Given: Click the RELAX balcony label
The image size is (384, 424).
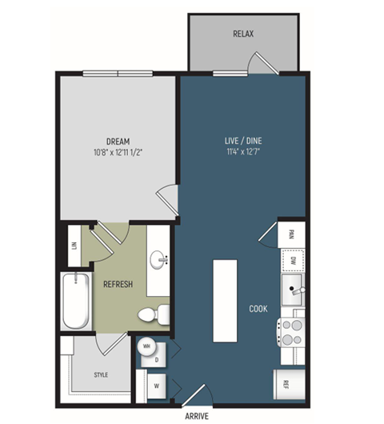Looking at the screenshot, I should pyautogui.click(x=244, y=34).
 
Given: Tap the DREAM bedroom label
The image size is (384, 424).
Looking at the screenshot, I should pyautogui.click(x=118, y=142).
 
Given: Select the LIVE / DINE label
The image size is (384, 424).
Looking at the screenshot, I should pyautogui.click(x=243, y=142).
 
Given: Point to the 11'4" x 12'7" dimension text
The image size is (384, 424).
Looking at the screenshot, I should pyautogui.click(x=243, y=152).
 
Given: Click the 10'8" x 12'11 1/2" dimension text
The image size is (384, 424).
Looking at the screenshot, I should pyautogui.click(x=118, y=152).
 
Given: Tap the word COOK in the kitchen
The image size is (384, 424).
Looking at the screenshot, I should pyautogui.click(x=258, y=308).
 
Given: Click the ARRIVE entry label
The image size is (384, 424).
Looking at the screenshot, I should pyautogui.click(x=197, y=416).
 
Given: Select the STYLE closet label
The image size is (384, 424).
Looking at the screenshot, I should pyautogui.click(x=100, y=374).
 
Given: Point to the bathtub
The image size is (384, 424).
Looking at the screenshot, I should pyautogui.click(x=77, y=301).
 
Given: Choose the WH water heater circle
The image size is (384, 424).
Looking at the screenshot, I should pyautogui.click(x=147, y=346).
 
